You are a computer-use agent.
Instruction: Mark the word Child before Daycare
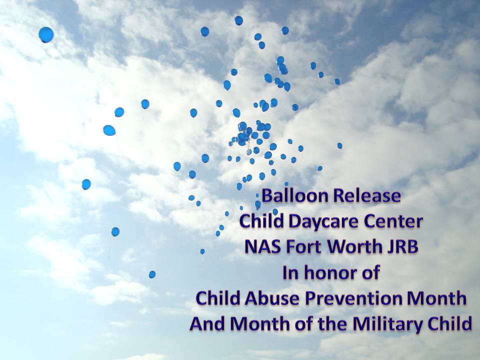[x=261, y=221]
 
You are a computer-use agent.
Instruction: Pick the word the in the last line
[x=332, y=324]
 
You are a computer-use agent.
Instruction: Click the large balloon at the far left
[x=46, y=34]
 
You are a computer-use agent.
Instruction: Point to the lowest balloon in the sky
[x=152, y=274]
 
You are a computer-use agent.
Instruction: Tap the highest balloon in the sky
[x=239, y=20]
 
